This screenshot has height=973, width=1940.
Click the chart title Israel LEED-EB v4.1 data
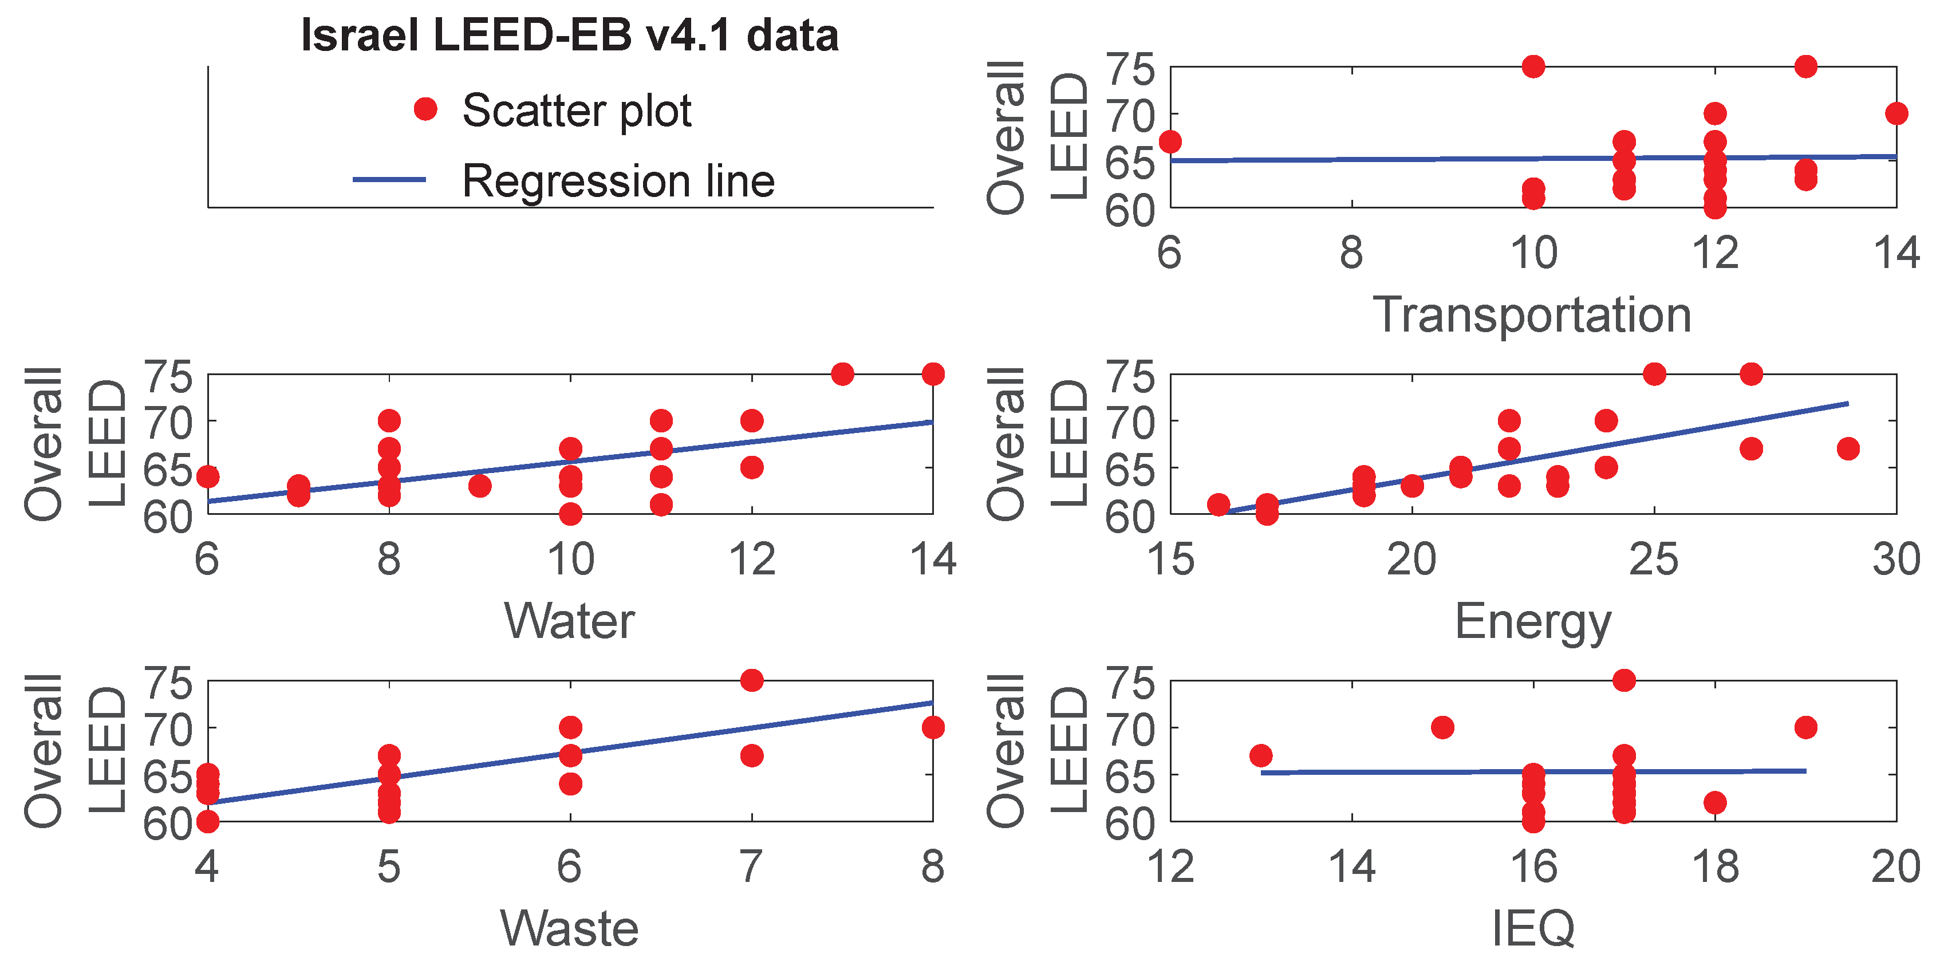coord(569,36)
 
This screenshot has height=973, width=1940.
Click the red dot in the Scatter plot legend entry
coord(425,109)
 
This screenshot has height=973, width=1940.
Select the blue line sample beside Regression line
coord(389,179)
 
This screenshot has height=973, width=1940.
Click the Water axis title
coord(569,621)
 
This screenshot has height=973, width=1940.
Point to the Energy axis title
coord(1532,621)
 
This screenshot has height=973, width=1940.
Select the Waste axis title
coord(569,928)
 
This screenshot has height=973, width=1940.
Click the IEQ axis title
coord(1532,928)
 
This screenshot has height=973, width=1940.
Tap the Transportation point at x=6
coord(1170,141)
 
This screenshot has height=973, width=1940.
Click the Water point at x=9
coord(480,486)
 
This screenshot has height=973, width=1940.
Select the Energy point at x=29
coord(1847,449)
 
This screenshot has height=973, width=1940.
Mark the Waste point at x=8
coord(932,727)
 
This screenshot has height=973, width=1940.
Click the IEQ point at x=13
coord(1261,755)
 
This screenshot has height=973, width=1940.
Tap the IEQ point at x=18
coord(1715,803)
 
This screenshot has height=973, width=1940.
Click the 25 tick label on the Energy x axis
coord(1653,561)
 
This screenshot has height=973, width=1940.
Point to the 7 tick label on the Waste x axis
coord(750,868)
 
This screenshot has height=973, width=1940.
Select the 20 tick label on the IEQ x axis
coord(1895,868)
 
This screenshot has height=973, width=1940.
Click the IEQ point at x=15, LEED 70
coord(1442,727)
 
